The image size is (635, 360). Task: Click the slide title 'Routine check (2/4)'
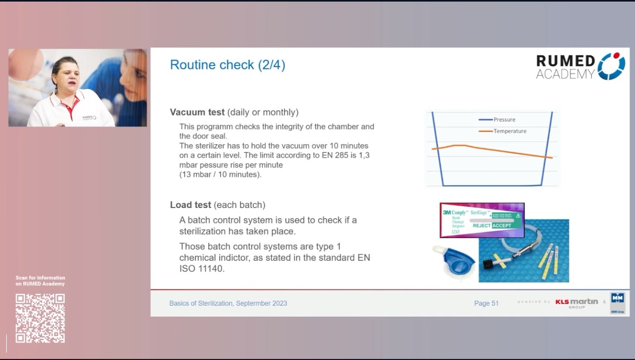tap(227, 65)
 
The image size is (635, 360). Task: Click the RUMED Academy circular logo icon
tap(611, 66)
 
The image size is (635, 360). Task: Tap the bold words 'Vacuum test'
tap(197, 112)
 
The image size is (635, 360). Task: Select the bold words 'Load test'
tap(190, 205)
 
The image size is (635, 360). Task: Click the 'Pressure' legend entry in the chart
tap(504, 120)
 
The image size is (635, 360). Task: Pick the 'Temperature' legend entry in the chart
tap(510, 131)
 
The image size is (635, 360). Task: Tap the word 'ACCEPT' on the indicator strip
tap(502, 226)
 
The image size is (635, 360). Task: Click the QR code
tap(40, 318)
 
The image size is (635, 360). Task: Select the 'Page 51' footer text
tap(486, 303)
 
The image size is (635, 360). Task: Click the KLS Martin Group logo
tap(576, 302)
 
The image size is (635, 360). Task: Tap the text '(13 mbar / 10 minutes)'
tap(220, 174)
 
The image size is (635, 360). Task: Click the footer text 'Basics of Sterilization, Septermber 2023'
tap(228, 303)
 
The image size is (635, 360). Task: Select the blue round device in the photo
tap(454, 260)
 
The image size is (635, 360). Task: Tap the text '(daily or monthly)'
tap(263, 112)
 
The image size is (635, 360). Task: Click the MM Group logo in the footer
tap(617, 302)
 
